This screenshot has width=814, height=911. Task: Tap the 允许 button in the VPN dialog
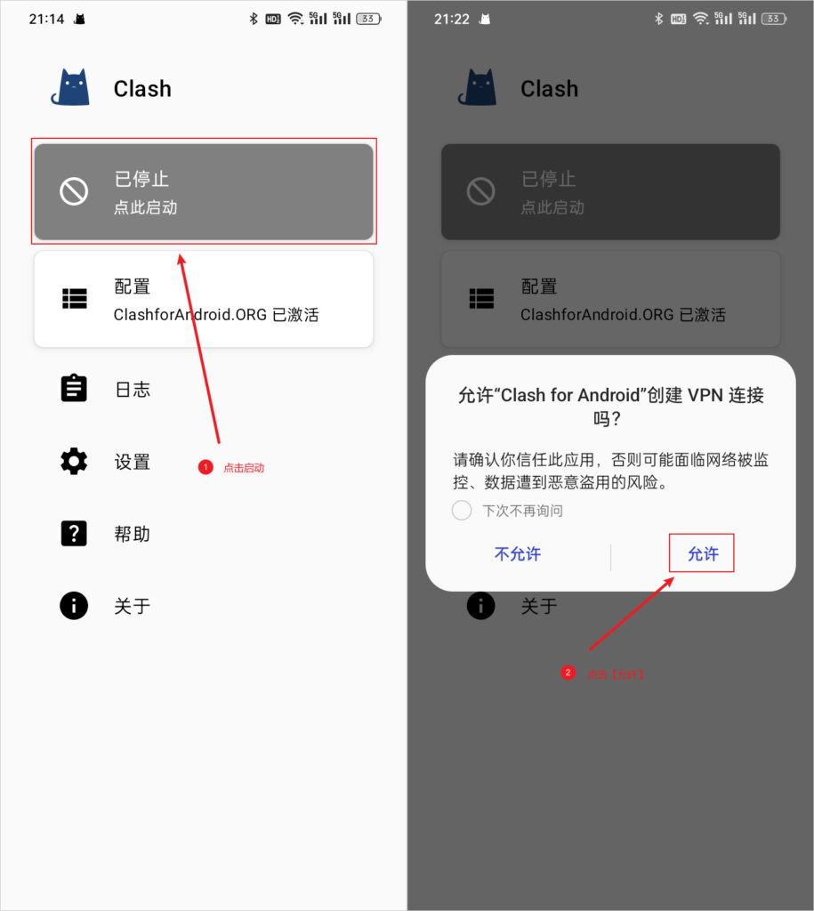[x=702, y=553]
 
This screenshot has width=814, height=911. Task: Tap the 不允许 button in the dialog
[x=517, y=553]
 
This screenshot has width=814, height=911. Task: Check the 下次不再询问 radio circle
[x=462, y=511]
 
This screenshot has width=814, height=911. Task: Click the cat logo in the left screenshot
[x=70, y=88]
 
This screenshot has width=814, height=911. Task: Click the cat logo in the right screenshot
[x=477, y=88]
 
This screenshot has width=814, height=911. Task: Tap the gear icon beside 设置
[x=74, y=461]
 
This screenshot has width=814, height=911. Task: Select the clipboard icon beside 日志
[x=74, y=389]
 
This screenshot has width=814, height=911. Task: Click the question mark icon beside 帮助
[x=74, y=534]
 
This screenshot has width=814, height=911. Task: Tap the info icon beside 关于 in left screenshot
[x=74, y=606]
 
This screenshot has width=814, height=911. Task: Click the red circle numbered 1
[x=206, y=467]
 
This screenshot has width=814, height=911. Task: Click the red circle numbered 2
[x=568, y=673]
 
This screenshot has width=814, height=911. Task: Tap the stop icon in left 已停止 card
[x=74, y=191]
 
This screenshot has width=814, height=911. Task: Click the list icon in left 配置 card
[x=74, y=299]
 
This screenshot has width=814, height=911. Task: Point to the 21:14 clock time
[x=46, y=19]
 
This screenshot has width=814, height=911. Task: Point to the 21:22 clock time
[x=452, y=19]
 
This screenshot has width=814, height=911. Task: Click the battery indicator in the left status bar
[x=368, y=19]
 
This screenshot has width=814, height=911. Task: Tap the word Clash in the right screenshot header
[x=549, y=89]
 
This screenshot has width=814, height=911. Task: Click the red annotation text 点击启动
[x=244, y=468]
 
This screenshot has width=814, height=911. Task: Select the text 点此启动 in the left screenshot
[x=146, y=208]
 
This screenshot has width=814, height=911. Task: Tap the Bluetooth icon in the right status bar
[x=659, y=19]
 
